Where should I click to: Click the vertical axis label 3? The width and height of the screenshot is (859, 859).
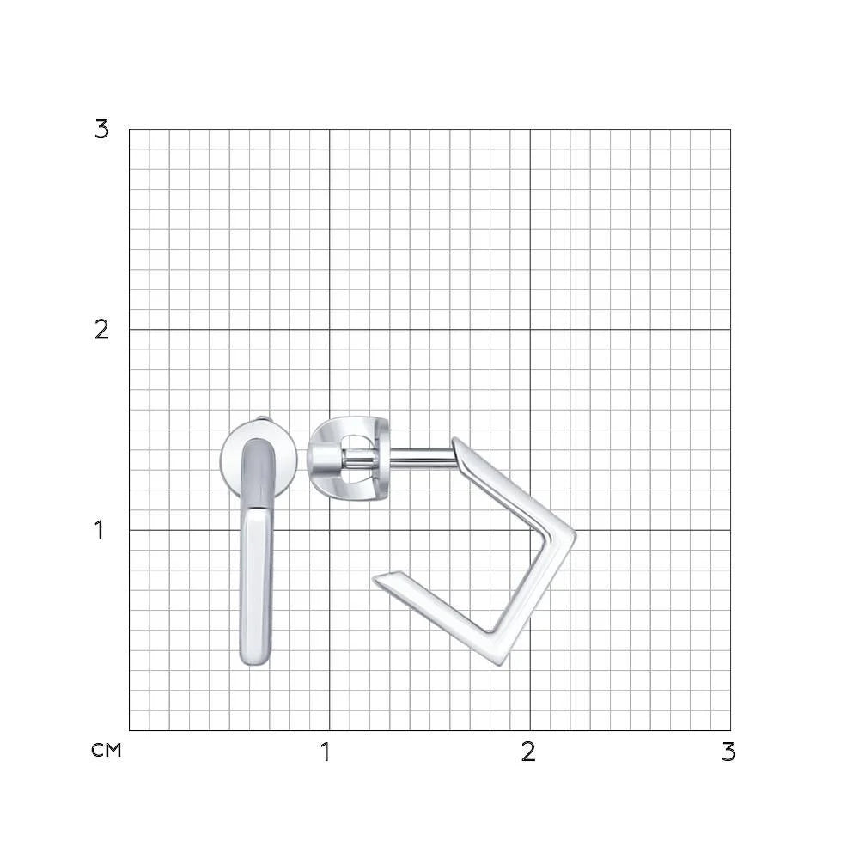pos(102,130)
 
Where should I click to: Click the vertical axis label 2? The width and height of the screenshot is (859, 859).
pos(102,330)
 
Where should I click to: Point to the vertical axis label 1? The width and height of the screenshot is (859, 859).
pos(99,530)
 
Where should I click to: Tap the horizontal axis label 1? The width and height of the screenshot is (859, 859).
pos(326,752)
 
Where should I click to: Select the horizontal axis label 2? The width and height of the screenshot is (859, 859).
pos(528,752)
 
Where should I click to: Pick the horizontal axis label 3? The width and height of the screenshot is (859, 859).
pos(728,752)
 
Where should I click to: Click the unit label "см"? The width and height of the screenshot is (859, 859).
pos(107,751)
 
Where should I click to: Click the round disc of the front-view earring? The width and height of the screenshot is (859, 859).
pos(228,460)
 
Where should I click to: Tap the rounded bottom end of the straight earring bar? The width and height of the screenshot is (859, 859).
pos(255,660)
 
